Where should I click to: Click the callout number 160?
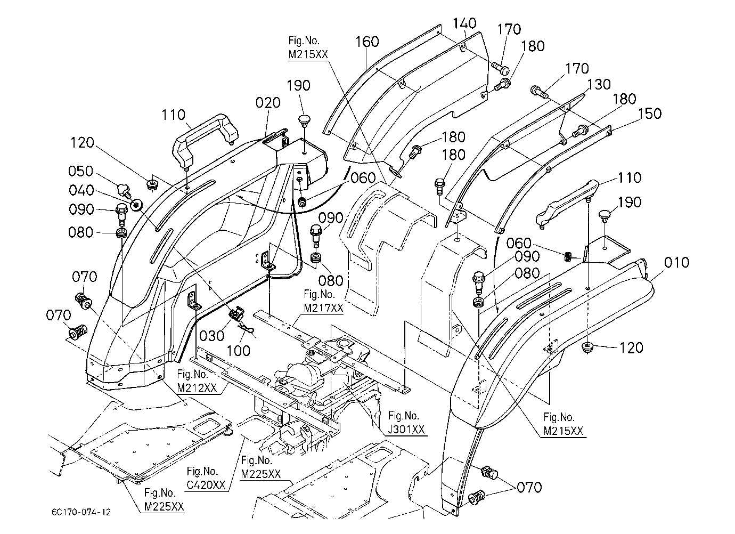(367, 42)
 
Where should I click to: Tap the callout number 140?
(464, 23)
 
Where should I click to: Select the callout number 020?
(268, 103)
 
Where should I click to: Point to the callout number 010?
(676, 262)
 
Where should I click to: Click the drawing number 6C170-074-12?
(81, 512)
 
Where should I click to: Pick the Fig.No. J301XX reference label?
(406, 422)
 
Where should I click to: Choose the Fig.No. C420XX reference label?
(206, 478)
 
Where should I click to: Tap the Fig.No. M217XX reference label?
(323, 301)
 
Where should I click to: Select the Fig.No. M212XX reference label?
(197, 381)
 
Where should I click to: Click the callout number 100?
(239, 351)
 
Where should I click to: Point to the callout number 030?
(212, 336)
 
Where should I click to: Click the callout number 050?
(81, 171)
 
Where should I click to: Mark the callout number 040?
(81, 190)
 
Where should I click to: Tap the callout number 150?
(650, 114)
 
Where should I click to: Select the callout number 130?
(599, 84)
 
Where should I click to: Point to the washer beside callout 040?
(136, 206)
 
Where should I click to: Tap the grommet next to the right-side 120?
(587, 347)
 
